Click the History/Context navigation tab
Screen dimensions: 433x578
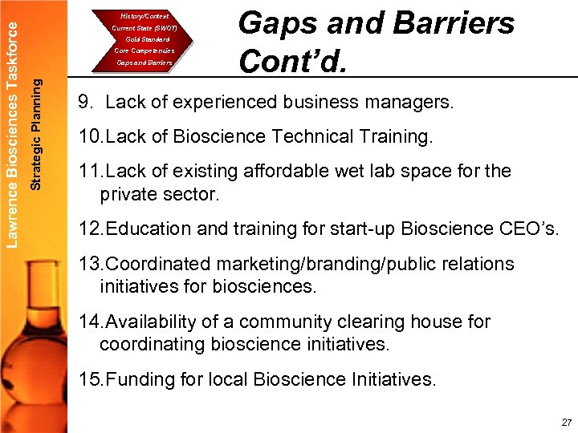(144, 16)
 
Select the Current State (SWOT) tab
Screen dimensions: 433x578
(144, 28)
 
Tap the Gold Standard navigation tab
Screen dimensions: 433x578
(147, 39)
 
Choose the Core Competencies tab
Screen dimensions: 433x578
(144, 51)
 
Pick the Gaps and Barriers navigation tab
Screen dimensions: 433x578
(144, 62)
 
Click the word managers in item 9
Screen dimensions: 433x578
(410, 103)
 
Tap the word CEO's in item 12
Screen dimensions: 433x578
(527, 229)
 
